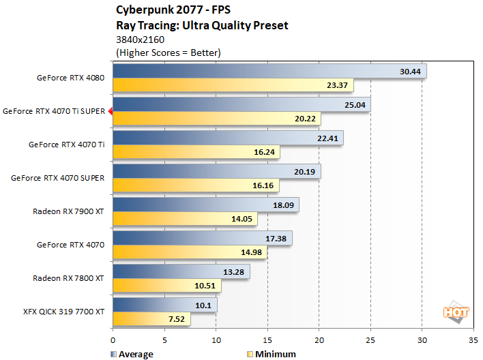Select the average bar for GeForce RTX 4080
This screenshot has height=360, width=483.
click(x=269, y=72)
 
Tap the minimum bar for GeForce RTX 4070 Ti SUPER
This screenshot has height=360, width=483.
click(x=216, y=118)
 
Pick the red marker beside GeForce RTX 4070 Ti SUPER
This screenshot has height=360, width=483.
click(x=111, y=110)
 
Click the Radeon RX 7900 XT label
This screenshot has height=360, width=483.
click(x=68, y=211)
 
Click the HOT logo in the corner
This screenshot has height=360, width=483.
click(x=456, y=312)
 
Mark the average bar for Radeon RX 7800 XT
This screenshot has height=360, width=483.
click(x=181, y=271)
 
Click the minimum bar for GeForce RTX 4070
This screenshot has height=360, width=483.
click(x=190, y=252)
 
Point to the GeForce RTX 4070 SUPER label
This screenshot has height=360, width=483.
click(x=58, y=178)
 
